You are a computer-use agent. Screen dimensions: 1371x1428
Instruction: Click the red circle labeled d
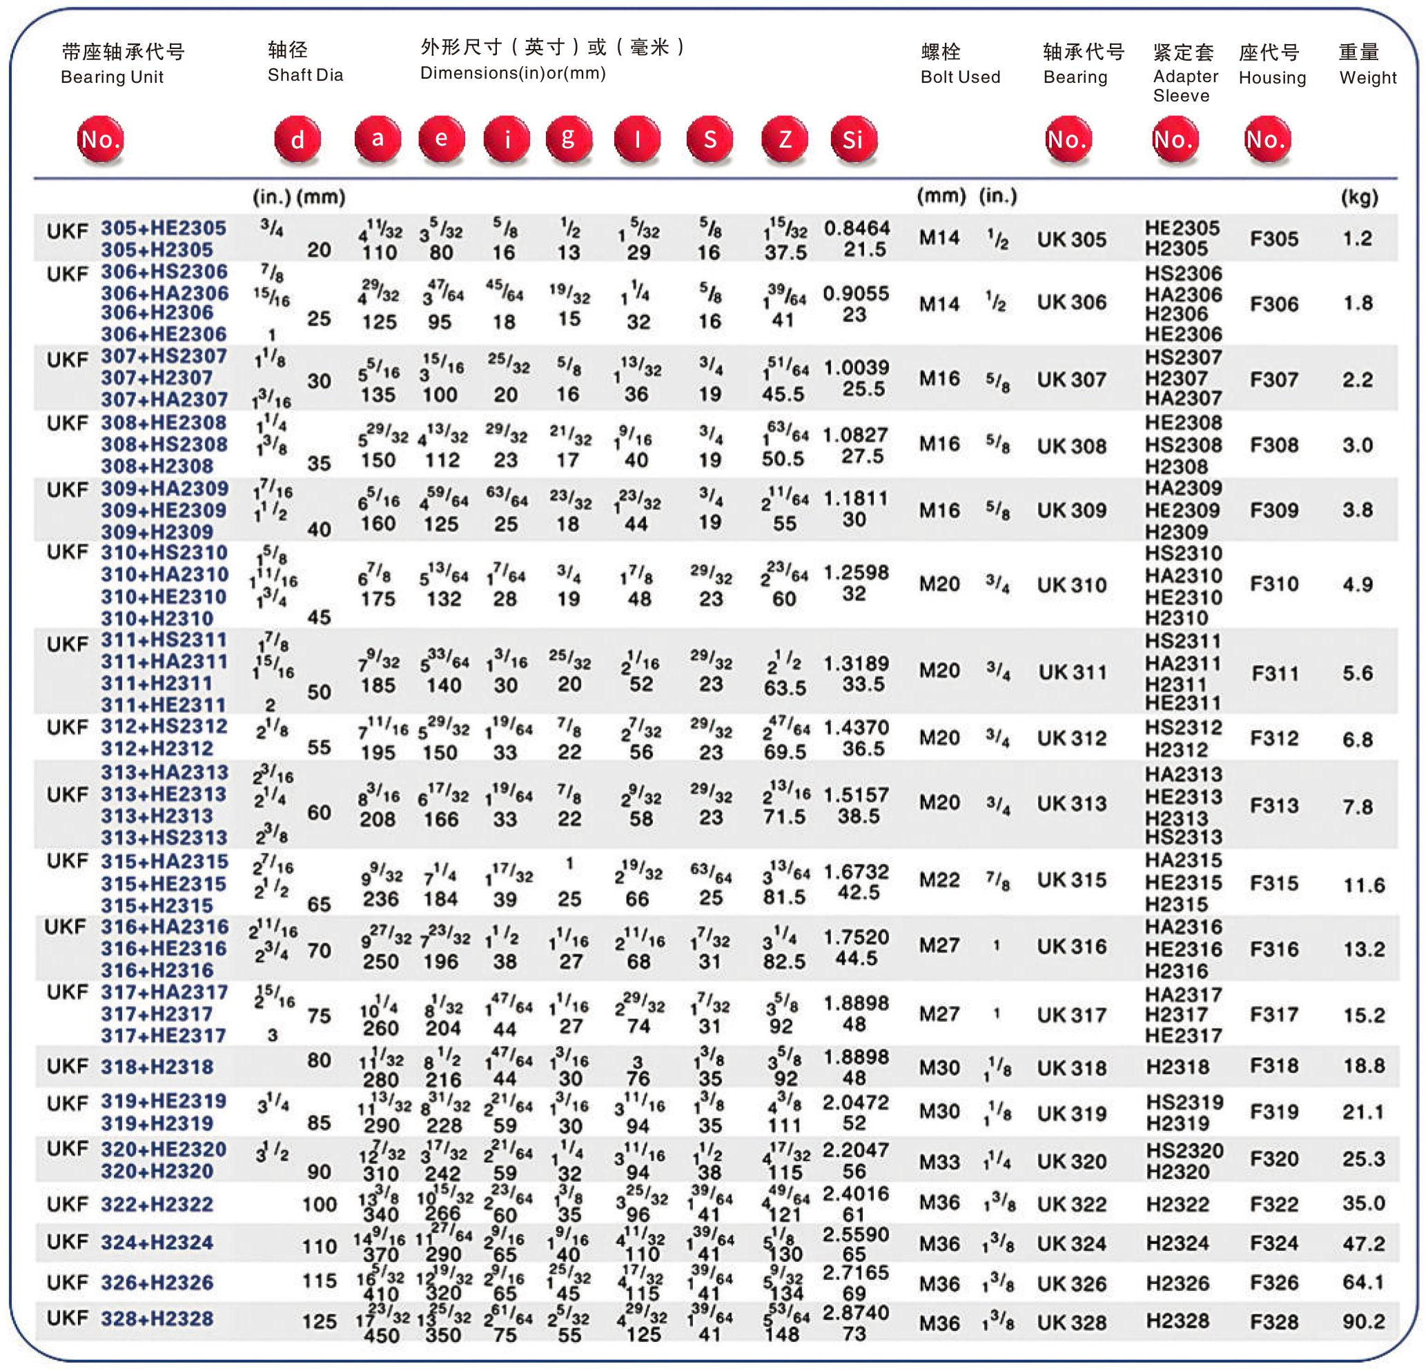point(297,139)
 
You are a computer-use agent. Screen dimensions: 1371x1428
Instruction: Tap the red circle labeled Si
point(853,139)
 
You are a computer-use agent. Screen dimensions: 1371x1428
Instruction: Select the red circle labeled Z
point(785,139)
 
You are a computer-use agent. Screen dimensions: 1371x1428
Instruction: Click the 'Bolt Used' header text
point(959,77)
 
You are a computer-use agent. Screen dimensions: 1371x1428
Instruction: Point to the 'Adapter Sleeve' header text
point(1184,86)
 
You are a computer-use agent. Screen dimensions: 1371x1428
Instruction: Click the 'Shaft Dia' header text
point(305,75)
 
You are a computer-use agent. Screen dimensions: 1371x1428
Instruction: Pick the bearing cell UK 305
point(1071,239)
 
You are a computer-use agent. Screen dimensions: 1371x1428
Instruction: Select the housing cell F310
point(1275,584)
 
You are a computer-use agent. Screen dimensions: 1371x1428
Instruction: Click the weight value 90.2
point(1363,1321)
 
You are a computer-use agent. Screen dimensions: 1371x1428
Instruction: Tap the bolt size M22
point(939,880)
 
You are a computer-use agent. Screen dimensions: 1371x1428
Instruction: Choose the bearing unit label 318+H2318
point(157,1067)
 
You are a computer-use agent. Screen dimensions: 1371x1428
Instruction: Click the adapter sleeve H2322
point(1177,1203)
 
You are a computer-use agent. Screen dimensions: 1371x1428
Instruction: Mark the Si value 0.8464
point(857,228)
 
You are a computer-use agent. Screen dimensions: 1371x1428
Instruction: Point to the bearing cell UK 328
point(1071,1322)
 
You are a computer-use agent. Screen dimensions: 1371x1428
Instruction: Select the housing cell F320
point(1275,1159)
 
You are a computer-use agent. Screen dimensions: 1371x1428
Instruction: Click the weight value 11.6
point(1363,885)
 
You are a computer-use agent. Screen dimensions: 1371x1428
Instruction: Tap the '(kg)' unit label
point(1359,197)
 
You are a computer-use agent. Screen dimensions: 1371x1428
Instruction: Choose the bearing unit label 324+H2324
point(157,1242)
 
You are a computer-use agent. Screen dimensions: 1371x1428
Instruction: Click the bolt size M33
point(939,1161)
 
